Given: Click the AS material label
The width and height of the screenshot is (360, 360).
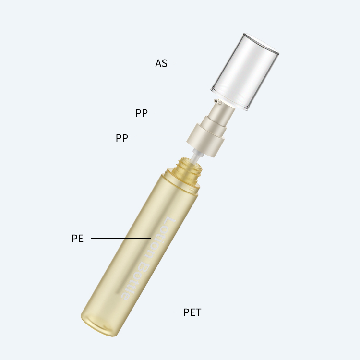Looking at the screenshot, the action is click(161, 63).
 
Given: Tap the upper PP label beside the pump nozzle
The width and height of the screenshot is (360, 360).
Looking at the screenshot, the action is click(142, 113).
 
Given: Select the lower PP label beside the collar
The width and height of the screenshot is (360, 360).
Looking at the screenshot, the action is click(122, 138).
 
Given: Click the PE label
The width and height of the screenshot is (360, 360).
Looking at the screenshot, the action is click(77, 238).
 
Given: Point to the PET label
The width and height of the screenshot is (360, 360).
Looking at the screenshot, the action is click(192, 312).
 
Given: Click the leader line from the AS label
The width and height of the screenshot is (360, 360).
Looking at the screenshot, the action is click(205, 63).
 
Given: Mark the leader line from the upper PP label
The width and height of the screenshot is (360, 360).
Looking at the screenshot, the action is click(185, 113).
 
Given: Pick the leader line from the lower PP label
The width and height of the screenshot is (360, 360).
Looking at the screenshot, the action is click(165, 138).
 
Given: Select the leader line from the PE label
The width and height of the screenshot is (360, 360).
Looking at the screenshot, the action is click(121, 238).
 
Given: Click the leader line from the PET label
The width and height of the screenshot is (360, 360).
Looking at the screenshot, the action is click(146, 312).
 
